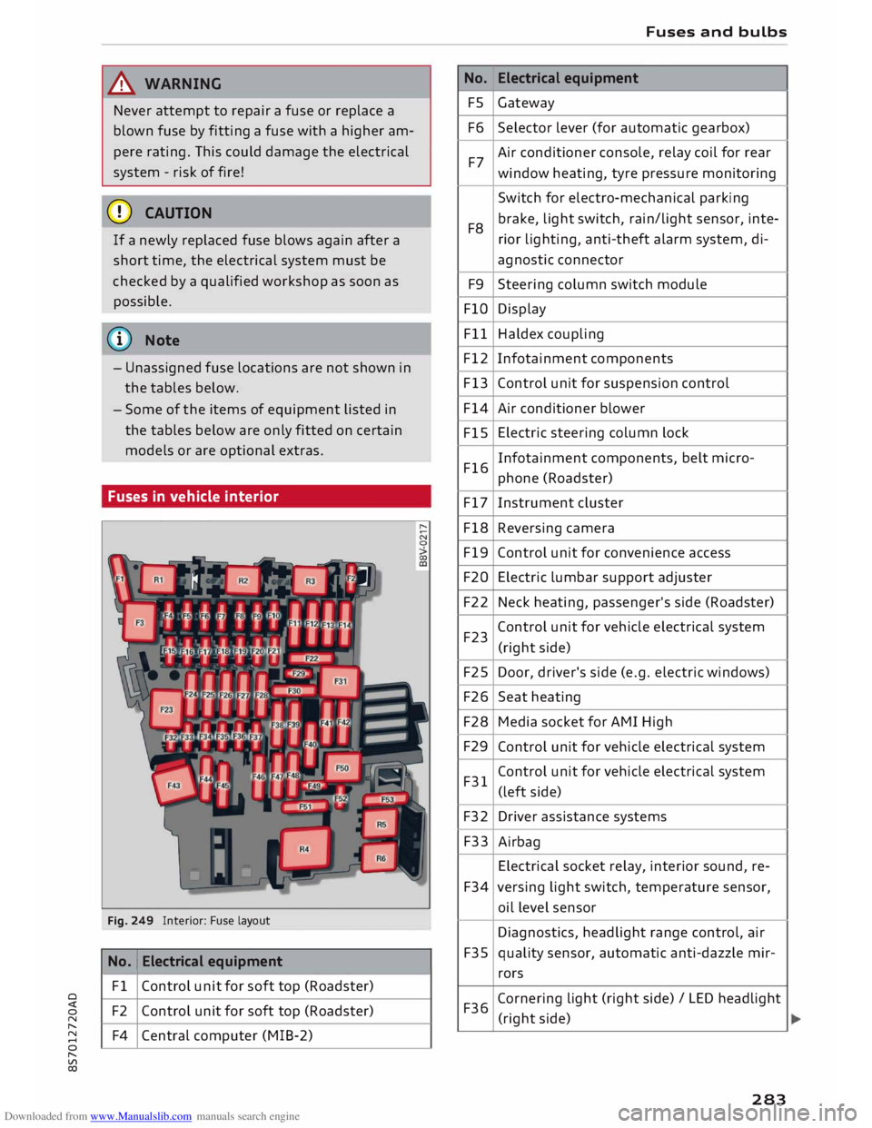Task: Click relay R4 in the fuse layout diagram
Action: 303,849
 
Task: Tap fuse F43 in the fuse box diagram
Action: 173,785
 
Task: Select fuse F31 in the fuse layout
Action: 341,681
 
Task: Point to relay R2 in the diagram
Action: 243,579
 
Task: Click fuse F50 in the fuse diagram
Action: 342,768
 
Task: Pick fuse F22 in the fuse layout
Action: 312,658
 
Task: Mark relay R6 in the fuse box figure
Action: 381,858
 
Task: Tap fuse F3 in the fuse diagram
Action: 140,623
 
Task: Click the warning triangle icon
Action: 122,84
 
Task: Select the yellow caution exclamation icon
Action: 121,213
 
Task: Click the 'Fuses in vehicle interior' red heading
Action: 193,497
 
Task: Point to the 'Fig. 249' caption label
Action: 130,921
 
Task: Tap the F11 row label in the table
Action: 475,334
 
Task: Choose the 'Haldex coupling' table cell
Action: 550,334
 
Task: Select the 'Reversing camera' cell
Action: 556,529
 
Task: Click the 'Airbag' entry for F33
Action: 519,842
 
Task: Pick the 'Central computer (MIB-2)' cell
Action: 227,1035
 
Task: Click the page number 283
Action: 768,1099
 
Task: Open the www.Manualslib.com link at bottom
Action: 141,1116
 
